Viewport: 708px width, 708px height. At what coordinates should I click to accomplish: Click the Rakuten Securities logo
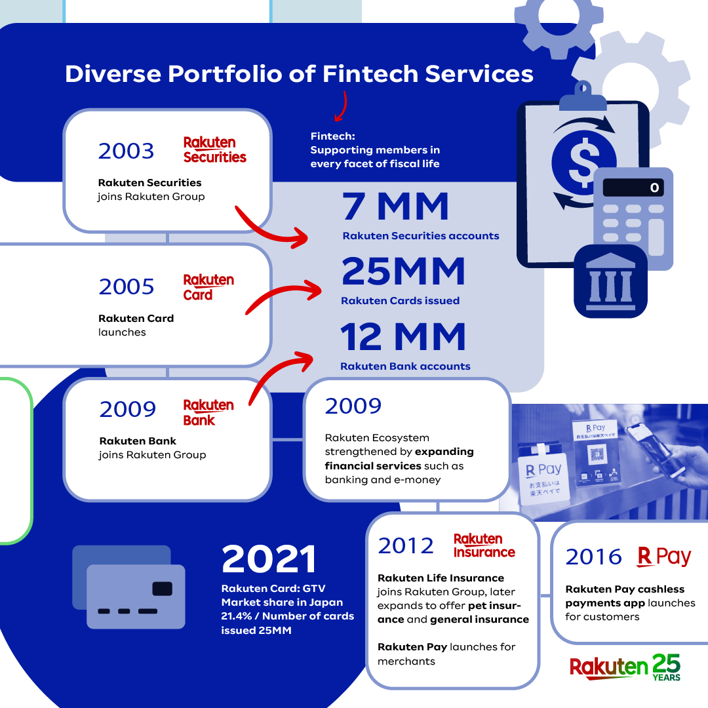point(214,150)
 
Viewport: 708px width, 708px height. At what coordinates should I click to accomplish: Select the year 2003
point(126,151)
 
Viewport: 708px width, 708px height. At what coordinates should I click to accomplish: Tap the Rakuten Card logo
point(208,287)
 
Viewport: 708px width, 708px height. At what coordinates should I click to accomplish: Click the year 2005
point(127,287)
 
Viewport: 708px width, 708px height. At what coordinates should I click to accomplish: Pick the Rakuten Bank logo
point(208,412)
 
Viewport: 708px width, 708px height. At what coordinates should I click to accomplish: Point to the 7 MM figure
point(396,206)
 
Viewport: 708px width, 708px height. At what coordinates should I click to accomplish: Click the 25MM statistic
point(403,271)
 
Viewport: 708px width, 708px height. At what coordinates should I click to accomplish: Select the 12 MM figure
point(403,337)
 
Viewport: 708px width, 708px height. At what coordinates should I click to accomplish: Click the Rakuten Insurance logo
point(484,545)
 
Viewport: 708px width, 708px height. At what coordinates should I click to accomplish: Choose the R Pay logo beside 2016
point(663,557)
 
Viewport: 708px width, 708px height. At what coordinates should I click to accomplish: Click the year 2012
point(406,545)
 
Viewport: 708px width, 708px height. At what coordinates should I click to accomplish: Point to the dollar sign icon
point(583,163)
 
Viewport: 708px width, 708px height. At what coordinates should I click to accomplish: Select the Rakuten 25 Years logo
point(625,667)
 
